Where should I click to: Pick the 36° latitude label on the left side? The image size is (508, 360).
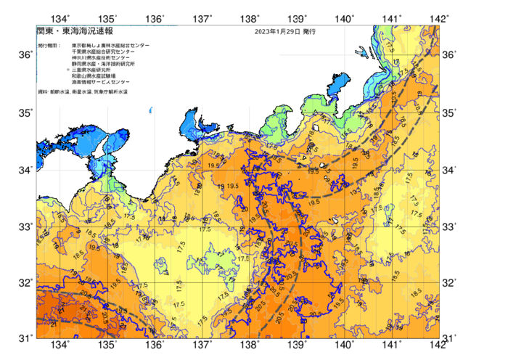coord(25,55)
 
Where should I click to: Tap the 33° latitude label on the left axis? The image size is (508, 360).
coord(25,226)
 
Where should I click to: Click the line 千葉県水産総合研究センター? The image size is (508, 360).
coord(100,52)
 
